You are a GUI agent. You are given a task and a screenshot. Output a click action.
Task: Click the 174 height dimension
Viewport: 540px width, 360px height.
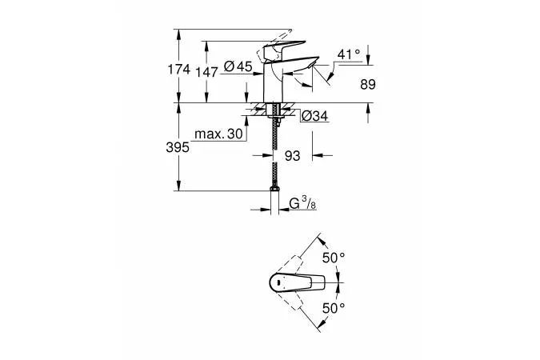pyautogui.click(x=181, y=70)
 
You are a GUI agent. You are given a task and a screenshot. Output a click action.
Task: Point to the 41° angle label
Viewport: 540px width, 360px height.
pyautogui.click(x=349, y=54)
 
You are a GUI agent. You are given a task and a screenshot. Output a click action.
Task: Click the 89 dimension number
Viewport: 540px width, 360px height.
pyautogui.click(x=367, y=83)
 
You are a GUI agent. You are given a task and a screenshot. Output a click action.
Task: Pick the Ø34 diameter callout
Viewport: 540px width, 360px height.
pyautogui.click(x=314, y=117)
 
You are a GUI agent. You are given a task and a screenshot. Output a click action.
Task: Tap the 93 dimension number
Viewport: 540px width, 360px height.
pyautogui.click(x=292, y=156)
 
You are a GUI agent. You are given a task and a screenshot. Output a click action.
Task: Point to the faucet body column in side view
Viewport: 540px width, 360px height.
pyautogui.click(x=274, y=84)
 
